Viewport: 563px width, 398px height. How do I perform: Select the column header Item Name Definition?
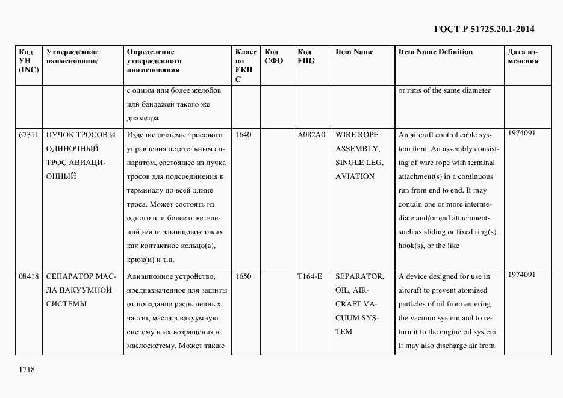pos(435,52)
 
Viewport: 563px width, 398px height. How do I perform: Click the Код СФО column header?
pos(273,56)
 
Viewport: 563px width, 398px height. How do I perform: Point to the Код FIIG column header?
pos(306,56)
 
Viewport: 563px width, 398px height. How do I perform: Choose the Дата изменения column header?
pos(523,56)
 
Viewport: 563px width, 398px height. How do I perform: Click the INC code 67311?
pos(29,135)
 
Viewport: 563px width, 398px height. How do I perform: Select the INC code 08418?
pos(29,276)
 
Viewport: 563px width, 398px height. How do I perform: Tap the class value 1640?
pos(243,135)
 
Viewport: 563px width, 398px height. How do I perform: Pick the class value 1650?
pos(243,276)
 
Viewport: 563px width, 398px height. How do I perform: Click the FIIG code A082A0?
pos(311,135)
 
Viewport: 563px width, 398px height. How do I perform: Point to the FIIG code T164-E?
pos(309,276)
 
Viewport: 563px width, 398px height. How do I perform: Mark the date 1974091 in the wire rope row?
pos(521,133)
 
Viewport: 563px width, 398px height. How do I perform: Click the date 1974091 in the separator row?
pos(521,275)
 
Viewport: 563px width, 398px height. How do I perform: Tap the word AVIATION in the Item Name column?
pos(355,176)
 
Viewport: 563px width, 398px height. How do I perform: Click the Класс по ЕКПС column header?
pos(245,65)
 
